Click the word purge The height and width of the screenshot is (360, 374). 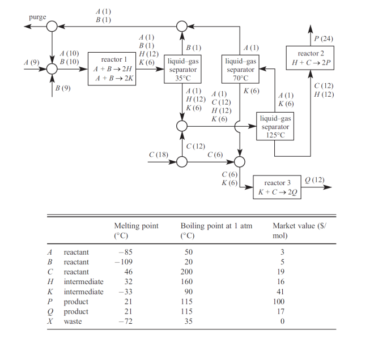37,17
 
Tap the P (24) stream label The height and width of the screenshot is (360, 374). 324,38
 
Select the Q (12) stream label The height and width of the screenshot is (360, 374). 314,179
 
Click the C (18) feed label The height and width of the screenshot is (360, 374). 159,155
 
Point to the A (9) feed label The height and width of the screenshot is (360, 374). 32,62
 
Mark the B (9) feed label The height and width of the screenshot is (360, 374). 63,88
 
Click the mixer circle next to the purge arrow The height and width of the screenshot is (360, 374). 52,26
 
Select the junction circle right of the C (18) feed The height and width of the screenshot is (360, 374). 182,162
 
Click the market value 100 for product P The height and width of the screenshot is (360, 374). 279,302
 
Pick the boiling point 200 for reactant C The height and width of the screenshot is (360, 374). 186,272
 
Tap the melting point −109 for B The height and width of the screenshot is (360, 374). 124,262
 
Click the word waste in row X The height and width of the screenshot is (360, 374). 73,322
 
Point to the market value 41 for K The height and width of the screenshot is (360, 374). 280,292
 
